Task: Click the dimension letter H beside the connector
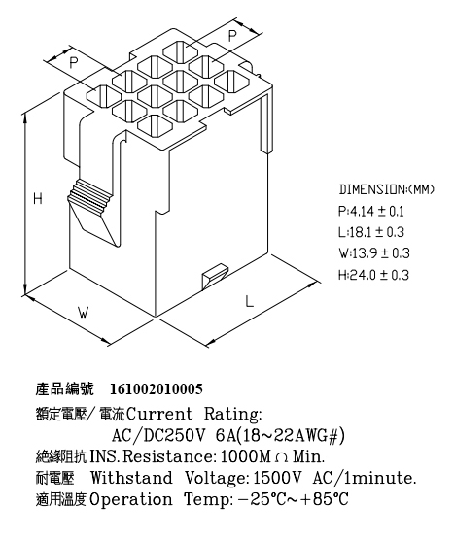[38, 198]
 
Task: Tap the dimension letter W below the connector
[84, 312]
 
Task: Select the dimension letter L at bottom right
[250, 301]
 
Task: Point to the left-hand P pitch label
[74, 63]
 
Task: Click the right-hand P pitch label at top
[232, 35]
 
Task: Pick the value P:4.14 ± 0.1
[371, 212]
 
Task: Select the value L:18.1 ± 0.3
[371, 232]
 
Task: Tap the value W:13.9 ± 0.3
[374, 253]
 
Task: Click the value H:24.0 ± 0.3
[373, 275]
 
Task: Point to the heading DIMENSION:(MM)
[387, 189]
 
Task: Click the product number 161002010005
[157, 389]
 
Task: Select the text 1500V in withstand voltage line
[277, 478]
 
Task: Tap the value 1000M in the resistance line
[245, 456]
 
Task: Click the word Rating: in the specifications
[232, 414]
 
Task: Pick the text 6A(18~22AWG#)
[280, 436]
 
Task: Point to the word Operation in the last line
[130, 500]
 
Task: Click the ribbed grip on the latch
[89, 194]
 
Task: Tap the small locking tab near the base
[214, 276]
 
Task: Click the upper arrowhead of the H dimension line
[25, 119]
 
